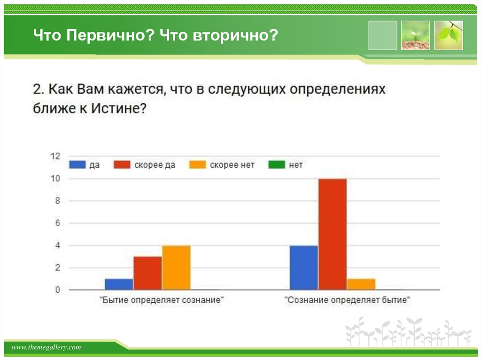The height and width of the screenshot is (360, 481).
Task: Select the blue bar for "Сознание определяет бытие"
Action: (303, 268)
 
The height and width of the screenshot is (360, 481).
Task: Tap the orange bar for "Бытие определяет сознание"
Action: (176, 268)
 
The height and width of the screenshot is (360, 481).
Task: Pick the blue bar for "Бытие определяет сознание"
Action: (119, 284)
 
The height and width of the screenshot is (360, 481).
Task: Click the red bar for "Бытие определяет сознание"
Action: (147, 273)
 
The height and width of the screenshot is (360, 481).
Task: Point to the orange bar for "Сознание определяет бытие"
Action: (361, 284)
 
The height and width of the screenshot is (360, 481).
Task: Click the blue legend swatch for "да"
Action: (78, 165)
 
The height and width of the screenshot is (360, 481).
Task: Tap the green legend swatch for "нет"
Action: (276, 165)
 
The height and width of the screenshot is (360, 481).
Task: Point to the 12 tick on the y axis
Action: (55, 156)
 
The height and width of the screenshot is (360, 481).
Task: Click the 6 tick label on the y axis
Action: (58, 223)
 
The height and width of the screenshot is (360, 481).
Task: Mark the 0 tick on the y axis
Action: (58, 291)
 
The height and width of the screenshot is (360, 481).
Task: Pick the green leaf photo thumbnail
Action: (448, 35)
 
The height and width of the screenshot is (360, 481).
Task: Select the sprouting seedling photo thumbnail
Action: (415, 35)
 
